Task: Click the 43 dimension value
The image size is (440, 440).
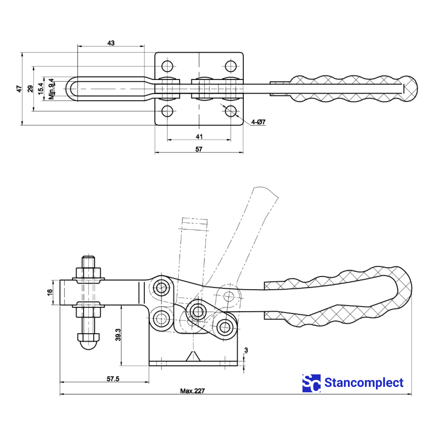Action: (x=111, y=43)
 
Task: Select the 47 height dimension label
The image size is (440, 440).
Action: (x=19, y=89)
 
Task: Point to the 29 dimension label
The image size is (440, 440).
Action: (x=31, y=89)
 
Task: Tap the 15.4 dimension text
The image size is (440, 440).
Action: (x=41, y=89)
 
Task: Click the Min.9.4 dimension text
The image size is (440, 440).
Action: (x=52, y=89)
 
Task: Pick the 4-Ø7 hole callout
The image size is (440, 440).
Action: (x=258, y=122)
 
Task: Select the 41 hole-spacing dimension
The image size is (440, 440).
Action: (x=199, y=136)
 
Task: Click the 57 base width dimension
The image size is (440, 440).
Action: (x=199, y=149)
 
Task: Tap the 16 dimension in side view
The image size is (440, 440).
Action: (x=50, y=292)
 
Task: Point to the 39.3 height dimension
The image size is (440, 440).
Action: (x=118, y=335)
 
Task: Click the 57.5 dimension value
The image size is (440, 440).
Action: (x=113, y=379)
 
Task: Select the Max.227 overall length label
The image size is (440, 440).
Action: (x=192, y=391)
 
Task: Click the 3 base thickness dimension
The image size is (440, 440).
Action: (x=246, y=351)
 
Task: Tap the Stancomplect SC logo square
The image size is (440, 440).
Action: (x=311, y=383)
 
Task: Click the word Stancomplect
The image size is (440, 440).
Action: (x=364, y=383)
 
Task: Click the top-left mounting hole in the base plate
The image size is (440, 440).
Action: (x=168, y=66)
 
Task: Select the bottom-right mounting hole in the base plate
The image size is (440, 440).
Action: (x=231, y=111)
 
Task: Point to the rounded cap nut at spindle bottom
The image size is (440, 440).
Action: (x=88, y=341)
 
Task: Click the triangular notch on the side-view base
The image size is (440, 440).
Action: (x=193, y=356)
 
